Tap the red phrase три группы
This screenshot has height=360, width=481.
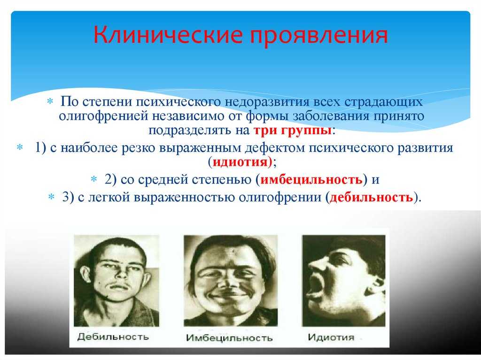coord(293,130)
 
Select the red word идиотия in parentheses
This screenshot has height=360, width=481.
coord(240,161)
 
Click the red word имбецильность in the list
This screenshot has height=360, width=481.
coord(311,179)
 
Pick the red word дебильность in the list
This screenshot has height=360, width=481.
coord(371,197)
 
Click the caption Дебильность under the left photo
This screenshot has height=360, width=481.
coord(113,337)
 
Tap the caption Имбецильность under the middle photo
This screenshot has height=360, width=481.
coord(229,337)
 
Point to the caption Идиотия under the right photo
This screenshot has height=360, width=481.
coord(331,337)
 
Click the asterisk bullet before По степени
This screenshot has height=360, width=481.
coord(50,101)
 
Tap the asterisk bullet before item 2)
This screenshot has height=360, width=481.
coord(94,179)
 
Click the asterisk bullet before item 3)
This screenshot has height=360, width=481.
coord(52,197)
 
